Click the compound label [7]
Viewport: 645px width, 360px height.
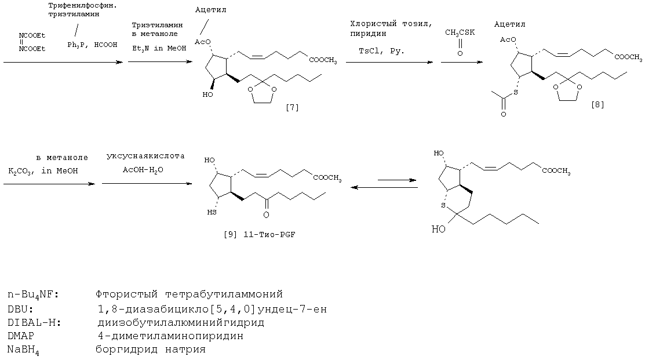(x=292, y=108)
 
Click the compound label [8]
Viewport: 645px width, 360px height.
(x=597, y=104)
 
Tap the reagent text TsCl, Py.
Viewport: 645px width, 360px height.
(x=381, y=51)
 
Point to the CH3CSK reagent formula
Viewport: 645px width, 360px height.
(x=460, y=32)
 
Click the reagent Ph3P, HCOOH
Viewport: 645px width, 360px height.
(x=86, y=45)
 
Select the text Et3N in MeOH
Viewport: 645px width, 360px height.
(x=159, y=48)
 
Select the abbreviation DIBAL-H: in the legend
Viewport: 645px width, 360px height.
(x=34, y=322)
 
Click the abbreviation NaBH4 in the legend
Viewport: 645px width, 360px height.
(x=23, y=350)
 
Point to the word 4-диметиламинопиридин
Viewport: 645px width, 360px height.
(x=170, y=336)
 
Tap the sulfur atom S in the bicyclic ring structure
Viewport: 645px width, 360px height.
(x=443, y=205)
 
